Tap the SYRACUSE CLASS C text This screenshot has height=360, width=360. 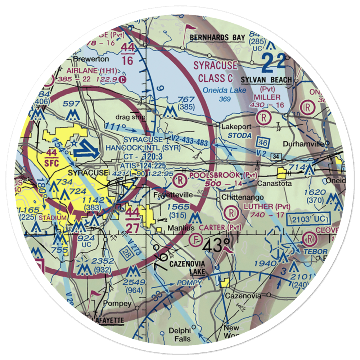pyautogui.click(x=215, y=71)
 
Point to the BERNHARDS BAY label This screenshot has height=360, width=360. pyautogui.click(x=217, y=38)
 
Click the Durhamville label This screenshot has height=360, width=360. pyautogui.click(x=304, y=144)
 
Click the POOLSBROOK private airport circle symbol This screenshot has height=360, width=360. pyautogui.click(x=179, y=179)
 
